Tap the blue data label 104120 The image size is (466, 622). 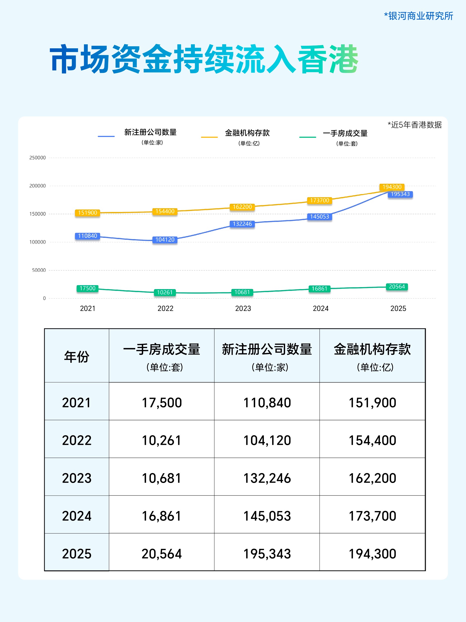point(165,240)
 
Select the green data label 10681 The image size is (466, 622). point(242,292)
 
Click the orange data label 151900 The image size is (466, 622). point(87,212)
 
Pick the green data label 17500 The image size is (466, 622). point(87,288)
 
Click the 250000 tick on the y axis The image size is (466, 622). point(37,158)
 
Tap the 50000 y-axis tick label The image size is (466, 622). point(39,270)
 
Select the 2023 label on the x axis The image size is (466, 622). point(243,309)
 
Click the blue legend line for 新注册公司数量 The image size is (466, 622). point(106,136)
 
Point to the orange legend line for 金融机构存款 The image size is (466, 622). point(209,137)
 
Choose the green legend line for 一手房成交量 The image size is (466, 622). point(308,137)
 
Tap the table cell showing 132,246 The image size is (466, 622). point(267,478)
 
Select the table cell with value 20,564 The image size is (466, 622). point(162,554)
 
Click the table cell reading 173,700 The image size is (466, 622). point(372,516)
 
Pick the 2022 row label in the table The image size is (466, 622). point(77,440)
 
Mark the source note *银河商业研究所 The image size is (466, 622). point(418,16)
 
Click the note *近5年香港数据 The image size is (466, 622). point(415,125)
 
